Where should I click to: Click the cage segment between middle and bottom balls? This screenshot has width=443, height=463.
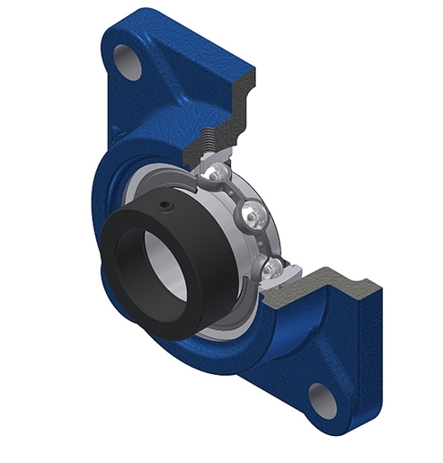click(262, 241)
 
